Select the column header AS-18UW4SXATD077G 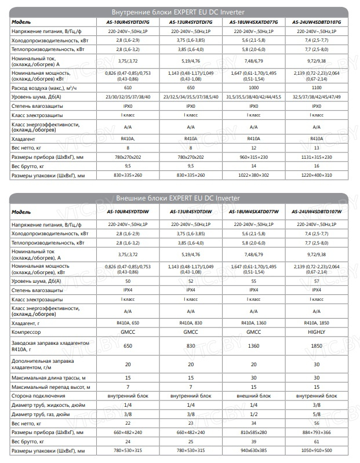(x=253, y=21)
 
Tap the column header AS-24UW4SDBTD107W (x=317, y=212)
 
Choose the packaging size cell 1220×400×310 (x=317, y=175)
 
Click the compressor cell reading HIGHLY (x=317, y=331)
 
